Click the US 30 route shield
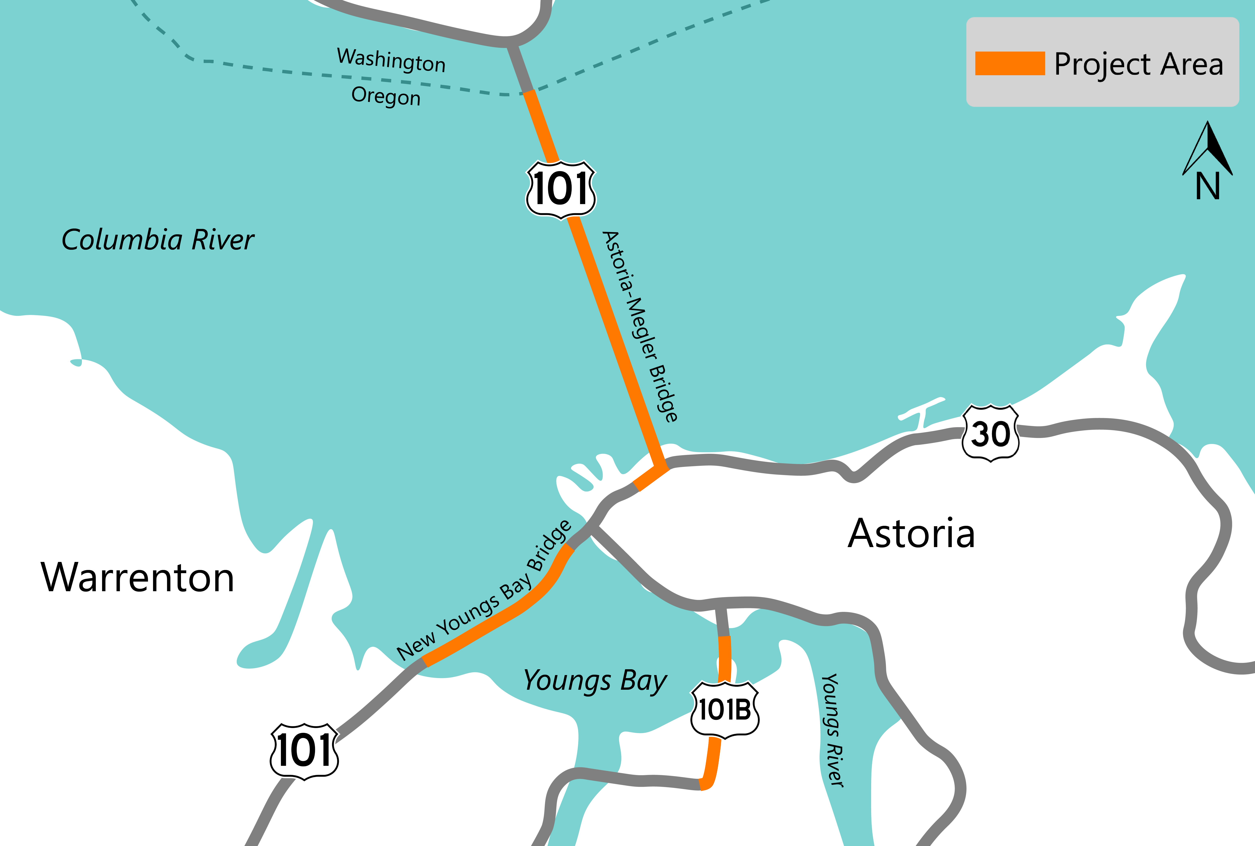click(991, 433)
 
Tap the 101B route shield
click(725, 710)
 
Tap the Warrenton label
click(138, 578)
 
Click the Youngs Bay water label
click(595, 681)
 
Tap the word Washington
click(391, 60)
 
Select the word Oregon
click(386, 96)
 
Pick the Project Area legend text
click(1138, 64)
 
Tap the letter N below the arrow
click(1207, 186)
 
